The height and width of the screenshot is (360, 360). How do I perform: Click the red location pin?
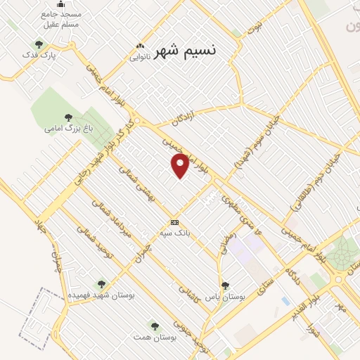click(181, 165)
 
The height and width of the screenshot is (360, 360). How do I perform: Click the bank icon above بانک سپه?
click(174, 222)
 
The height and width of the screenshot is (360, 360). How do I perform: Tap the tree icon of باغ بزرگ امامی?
click(68, 118)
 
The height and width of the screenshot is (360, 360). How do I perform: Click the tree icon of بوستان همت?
click(155, 326)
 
